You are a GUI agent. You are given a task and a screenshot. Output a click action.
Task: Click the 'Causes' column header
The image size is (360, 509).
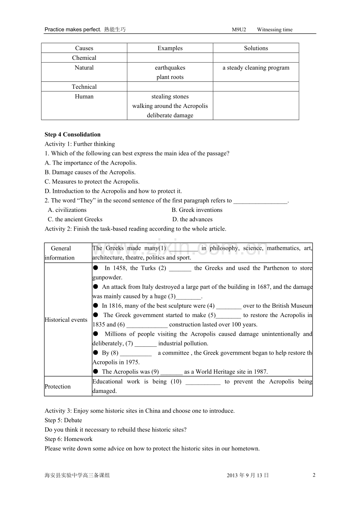click(84, 48)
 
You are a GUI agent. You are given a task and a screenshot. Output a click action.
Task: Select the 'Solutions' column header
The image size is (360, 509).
click(256, 48)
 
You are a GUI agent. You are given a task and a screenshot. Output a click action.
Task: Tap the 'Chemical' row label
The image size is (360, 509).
click(84, 58)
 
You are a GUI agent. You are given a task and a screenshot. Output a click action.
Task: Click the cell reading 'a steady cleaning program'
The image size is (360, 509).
click(256, 68)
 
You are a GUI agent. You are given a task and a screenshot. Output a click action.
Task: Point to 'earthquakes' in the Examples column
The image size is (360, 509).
click(170, 68)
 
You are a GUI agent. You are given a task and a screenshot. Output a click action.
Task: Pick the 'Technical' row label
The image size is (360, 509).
click(84, 87)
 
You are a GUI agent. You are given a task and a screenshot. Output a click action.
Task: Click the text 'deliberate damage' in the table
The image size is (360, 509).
click(170, 115)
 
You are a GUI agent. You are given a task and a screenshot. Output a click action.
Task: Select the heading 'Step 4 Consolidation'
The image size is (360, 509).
click(72, 134)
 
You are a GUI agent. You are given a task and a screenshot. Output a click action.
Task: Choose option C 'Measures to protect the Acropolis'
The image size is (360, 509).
click(92, 182)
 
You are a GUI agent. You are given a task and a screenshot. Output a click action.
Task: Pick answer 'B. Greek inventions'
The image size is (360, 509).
click(197, 210)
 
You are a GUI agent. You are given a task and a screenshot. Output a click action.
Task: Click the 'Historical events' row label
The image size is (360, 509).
click(66, 320)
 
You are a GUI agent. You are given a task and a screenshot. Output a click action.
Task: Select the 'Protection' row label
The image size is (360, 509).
click(58, 387)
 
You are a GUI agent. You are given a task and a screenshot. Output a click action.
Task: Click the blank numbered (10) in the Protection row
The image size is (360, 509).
click(203, 382)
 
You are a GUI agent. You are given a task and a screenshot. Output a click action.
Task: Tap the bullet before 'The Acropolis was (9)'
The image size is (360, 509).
click(96, 372)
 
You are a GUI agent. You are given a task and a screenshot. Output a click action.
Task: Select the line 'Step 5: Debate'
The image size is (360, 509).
click(63, 420)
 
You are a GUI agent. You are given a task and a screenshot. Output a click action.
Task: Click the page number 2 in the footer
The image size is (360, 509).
click(314, 475)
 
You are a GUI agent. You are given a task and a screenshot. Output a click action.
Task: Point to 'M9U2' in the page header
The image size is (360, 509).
click(239, 30)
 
